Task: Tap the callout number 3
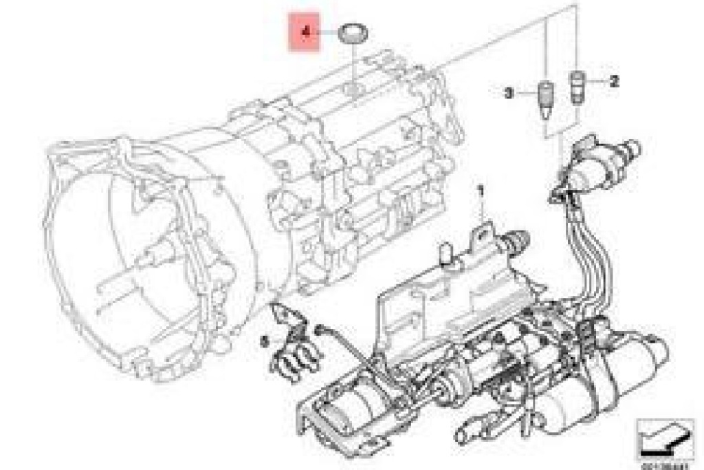click(x=509, y=93)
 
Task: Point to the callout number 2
click(x=613, y=81)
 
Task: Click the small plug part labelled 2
click(x=577, y=86)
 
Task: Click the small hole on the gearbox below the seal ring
click(x=354, y=89)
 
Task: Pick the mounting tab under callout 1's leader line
click(x=481, y=231)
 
